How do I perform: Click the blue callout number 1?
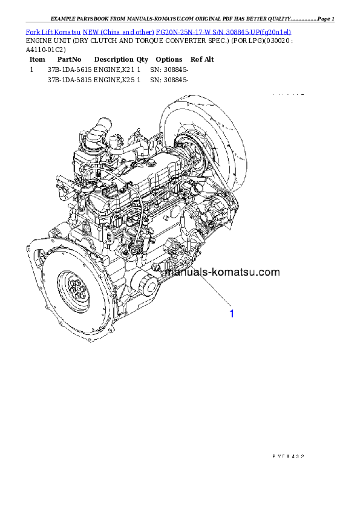point(231,314)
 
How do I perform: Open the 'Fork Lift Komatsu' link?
point(53,31)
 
